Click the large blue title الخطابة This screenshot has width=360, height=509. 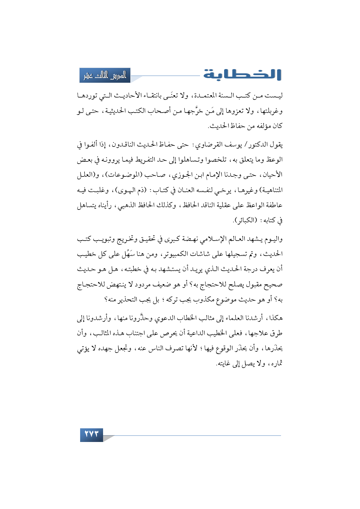tap(242, 75)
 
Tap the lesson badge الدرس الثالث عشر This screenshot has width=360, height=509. tap(105, 75)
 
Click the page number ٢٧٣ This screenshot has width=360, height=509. tap(91, 434)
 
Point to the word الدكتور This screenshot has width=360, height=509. tap(260, 145)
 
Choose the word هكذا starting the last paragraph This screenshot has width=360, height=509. tap(276, 318)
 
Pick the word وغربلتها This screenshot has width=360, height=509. tap(271, 111)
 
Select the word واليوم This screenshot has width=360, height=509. tap(273, 239)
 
